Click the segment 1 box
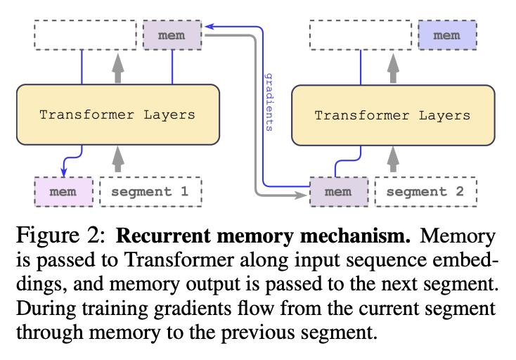coord(150,192)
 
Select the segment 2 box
coord(426,192)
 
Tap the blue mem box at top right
coord(447,35)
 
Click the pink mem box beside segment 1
coord(63,192)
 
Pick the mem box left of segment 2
coord(339,192)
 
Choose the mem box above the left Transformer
coord(172,35)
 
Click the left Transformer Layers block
coord(118,115)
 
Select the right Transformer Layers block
coord(393,115)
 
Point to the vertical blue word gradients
coord(269,103)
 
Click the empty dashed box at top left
coord(85,35)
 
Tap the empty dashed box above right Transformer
coord(361,35)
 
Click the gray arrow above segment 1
coord(118,160)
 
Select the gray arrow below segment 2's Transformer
coord(393,160)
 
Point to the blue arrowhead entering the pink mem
coord(64,172)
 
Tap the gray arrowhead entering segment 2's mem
coord(300,195)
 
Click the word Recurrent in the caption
coord(163,236)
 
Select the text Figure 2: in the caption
coord(61,236)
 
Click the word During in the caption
coord(46,309)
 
